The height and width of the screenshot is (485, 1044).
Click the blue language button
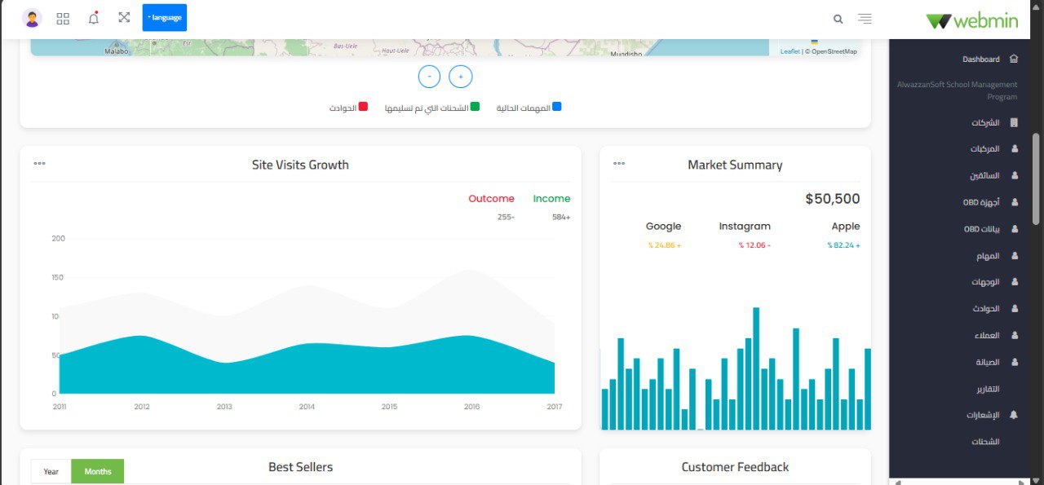click(164, 17)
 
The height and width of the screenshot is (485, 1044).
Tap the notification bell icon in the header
click(94, 18)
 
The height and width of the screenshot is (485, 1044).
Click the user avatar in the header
click(32, 18)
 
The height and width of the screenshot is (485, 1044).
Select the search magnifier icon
click(838, 19)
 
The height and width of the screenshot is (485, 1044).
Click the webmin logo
click(972, 20)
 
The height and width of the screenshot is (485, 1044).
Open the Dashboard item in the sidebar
click(980, 60)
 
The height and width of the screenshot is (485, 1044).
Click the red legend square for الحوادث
click(363, 107)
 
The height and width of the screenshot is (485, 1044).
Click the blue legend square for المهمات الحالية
click(556, 107)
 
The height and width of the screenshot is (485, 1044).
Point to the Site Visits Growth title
click(300, 165)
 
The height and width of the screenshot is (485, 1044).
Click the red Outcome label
click(491, 199)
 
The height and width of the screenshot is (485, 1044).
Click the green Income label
click(551, 199)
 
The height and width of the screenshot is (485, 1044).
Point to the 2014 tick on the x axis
click(307, 407)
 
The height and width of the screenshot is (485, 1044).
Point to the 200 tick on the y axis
click(58, 239)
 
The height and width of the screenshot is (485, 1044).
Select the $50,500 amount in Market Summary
click(832, 199)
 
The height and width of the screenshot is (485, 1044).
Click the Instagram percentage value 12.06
click(754, 245)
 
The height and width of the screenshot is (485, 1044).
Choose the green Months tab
click(98, 471)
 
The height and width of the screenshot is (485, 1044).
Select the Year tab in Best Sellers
click(51, 471)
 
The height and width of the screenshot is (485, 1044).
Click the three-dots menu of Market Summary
click(619, 164)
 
